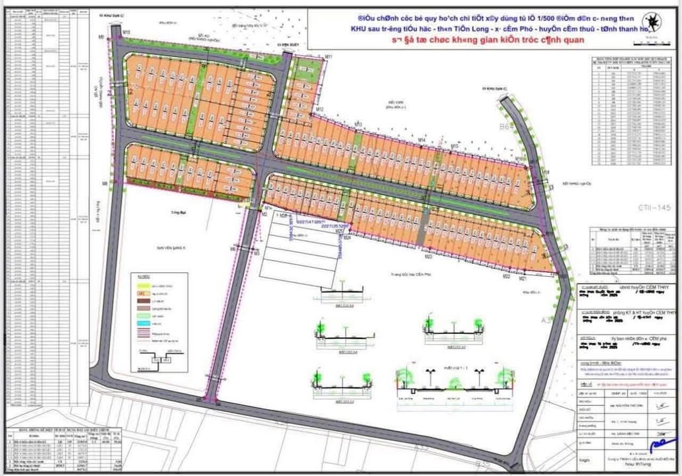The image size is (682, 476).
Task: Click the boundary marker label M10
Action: (126, 32)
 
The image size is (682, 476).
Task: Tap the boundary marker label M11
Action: (327, 58)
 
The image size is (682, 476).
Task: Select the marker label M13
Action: (358, 124)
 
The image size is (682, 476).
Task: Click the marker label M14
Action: (421, 140)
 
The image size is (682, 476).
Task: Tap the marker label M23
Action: (428, 257)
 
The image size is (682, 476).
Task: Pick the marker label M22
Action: (506, 277)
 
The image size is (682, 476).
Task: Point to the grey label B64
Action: (507, 127)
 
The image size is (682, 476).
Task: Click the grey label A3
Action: (546, 320)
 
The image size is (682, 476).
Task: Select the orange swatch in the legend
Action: (141, 292)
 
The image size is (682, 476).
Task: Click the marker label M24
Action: (347, 237)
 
